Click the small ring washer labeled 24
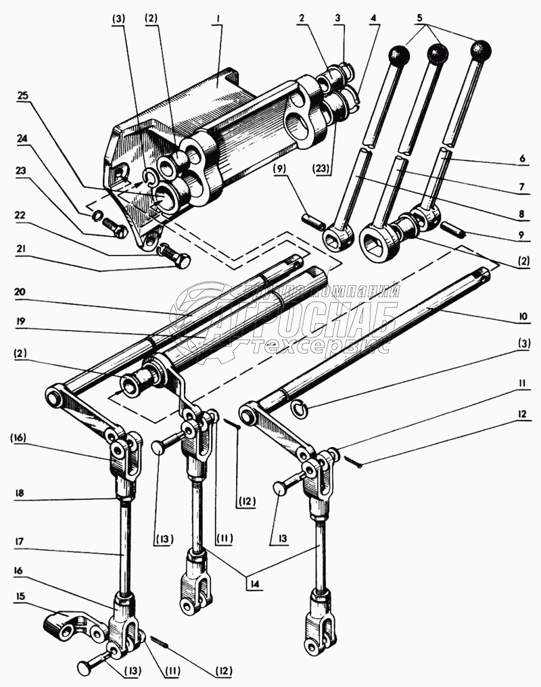(x=97, y=216)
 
